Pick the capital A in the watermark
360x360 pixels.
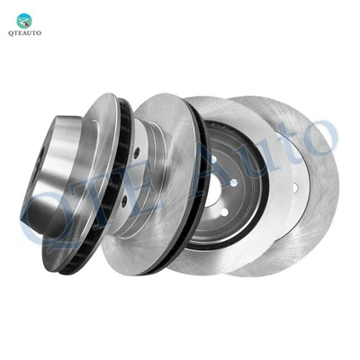[x=202, y=166]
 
